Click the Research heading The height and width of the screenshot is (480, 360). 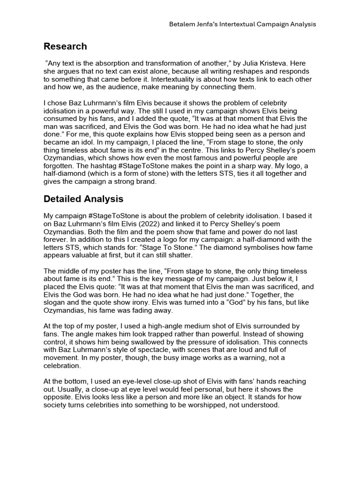65,46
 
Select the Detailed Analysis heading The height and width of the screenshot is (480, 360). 83,199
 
